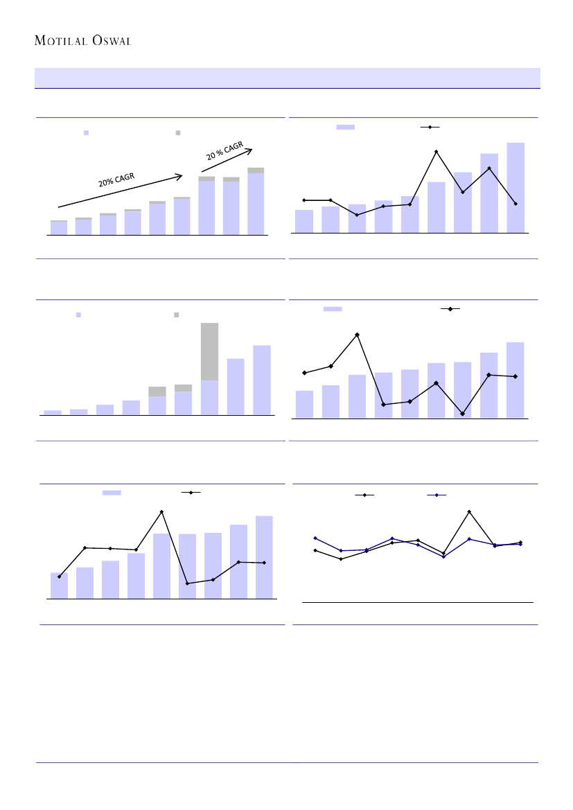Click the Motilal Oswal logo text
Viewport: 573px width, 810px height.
pos(83,40)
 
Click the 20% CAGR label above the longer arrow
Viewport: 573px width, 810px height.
pos(116,179)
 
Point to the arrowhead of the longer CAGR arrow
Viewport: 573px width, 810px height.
pos(181,175)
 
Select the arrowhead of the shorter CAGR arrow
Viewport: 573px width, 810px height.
pos(252,149)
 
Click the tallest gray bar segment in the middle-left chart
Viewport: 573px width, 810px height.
pos(209,351)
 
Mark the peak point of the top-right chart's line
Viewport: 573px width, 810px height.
pos(437,152)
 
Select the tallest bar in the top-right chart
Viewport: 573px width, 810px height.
pos(515,187)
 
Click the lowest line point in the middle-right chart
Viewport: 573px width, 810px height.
pos(462,414)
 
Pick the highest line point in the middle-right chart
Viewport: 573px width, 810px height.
pos(357,335)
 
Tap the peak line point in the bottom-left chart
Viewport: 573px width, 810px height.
pos(161,511)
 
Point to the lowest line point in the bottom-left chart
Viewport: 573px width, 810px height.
pos(187,583)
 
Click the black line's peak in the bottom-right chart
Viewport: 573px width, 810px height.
pos(469,511)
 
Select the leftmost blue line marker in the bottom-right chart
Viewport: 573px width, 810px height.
pos(315,538)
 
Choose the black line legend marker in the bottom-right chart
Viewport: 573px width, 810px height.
pos(364,495)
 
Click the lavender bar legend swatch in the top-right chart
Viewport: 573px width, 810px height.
pos(345,127)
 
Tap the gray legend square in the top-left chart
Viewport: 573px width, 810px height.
pos(178,132)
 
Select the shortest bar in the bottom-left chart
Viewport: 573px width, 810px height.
pos(59,586)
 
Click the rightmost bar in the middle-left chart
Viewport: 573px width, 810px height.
pos(261,380)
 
